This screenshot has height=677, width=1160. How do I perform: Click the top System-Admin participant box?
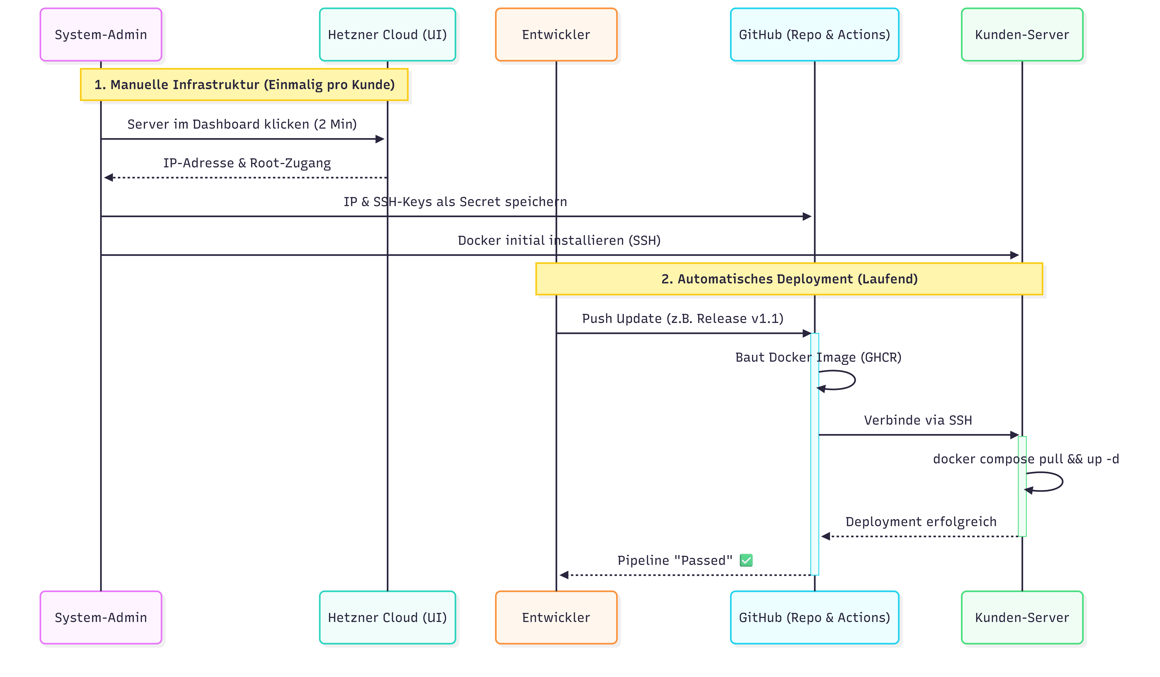(x=101, y=35)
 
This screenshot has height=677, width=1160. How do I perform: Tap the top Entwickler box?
(x=556, y=35)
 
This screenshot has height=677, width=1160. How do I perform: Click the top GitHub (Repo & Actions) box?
(x=814, y=35)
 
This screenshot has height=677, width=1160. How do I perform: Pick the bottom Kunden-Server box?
(x=1022, y=617)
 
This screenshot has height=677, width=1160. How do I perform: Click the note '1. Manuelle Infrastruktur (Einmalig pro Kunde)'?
(x=244, y=85)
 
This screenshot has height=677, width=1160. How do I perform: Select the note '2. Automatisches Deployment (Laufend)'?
(x=789, y=279)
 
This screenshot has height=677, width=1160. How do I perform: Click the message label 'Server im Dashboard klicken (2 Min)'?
(x=242, y=124)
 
